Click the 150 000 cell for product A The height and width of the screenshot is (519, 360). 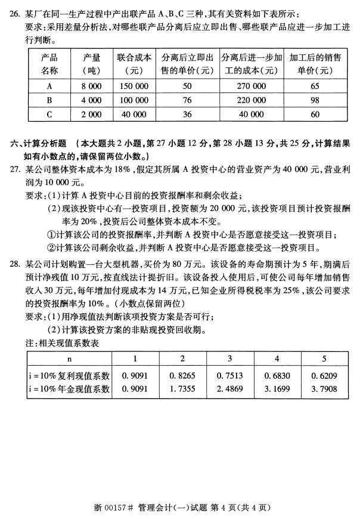click(134, 86)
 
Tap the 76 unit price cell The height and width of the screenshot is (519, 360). click(187, 100)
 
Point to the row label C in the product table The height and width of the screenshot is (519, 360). click(49, 113)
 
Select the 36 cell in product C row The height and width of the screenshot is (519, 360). click(187, 113)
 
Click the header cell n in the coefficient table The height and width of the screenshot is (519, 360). click(70, 359)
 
